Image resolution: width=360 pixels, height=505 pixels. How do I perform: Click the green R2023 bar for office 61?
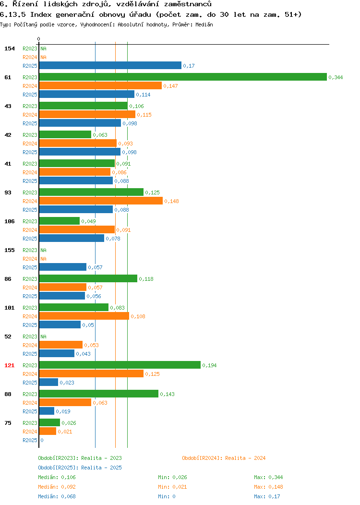[183, 77]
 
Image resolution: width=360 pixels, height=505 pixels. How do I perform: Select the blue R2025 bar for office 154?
[110, 65]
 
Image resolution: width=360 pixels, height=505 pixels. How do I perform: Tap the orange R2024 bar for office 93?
[101, 201]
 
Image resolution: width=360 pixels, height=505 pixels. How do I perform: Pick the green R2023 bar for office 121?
[120, 365]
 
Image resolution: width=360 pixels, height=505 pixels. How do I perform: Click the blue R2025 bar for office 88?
[47, 411]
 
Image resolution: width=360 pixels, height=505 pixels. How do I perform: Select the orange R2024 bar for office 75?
[48, 431]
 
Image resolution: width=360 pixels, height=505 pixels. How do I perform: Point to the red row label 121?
[9, 365]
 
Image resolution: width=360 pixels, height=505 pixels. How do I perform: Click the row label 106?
[9, 221]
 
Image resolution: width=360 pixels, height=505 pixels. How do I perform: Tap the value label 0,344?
[336, 77]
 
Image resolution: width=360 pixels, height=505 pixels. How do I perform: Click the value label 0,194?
[209, 365]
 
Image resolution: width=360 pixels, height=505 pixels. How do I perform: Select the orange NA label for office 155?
[44, 259]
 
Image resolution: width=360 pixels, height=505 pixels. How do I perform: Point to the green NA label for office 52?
[44, 336]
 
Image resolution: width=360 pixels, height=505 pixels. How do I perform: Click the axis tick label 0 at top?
[39, 39]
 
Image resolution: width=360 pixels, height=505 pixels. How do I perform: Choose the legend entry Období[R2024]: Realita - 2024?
[224, 458]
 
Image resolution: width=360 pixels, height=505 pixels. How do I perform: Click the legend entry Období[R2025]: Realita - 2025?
[80, 468]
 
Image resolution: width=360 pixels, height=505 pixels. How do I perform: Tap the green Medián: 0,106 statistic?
[57, 477]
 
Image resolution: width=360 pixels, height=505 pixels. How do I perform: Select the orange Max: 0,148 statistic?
[268, 487]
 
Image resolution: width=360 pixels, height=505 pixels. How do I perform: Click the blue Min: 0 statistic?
[167, 496]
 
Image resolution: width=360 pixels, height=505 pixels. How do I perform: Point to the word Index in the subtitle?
[41, 14]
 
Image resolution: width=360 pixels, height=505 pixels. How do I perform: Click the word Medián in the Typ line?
[204, 24]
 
